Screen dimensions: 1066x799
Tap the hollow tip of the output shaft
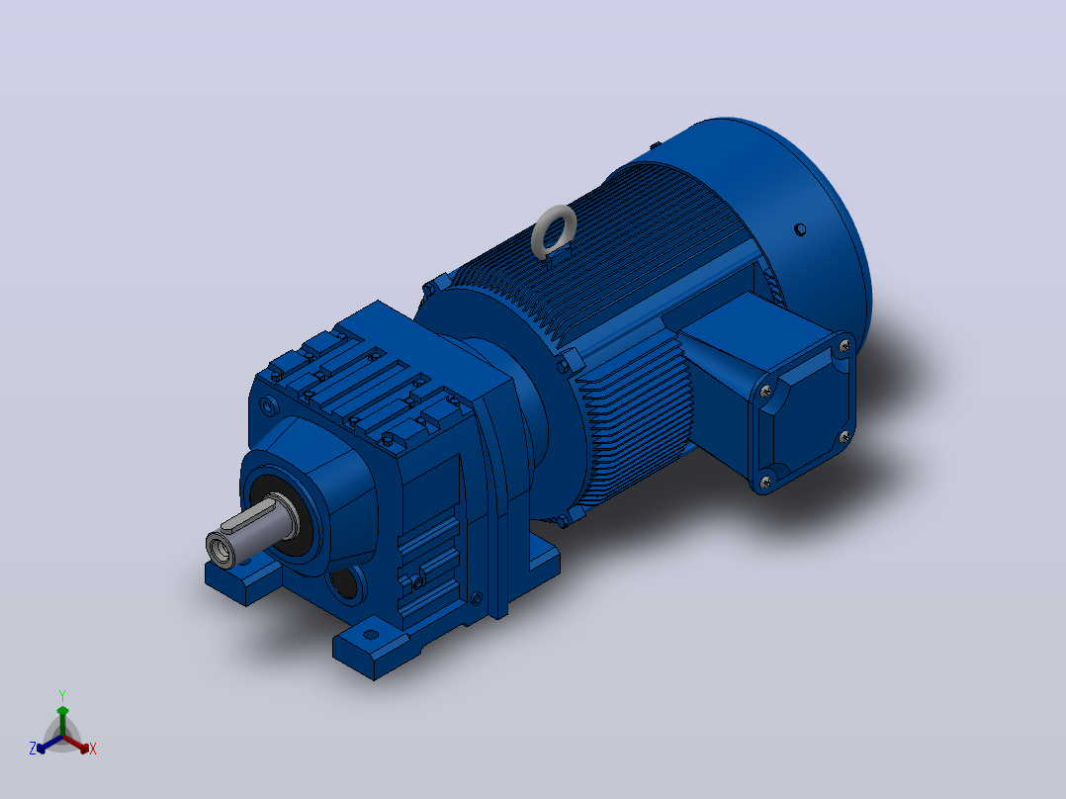click(x=219, y=548)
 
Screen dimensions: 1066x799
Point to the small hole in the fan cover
click(x=800, y=229)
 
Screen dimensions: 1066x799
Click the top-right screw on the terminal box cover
click(x=844, y=346)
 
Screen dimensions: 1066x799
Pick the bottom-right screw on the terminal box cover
click(x=844, y=437)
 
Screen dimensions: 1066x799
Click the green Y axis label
click(x=62, y=695)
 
